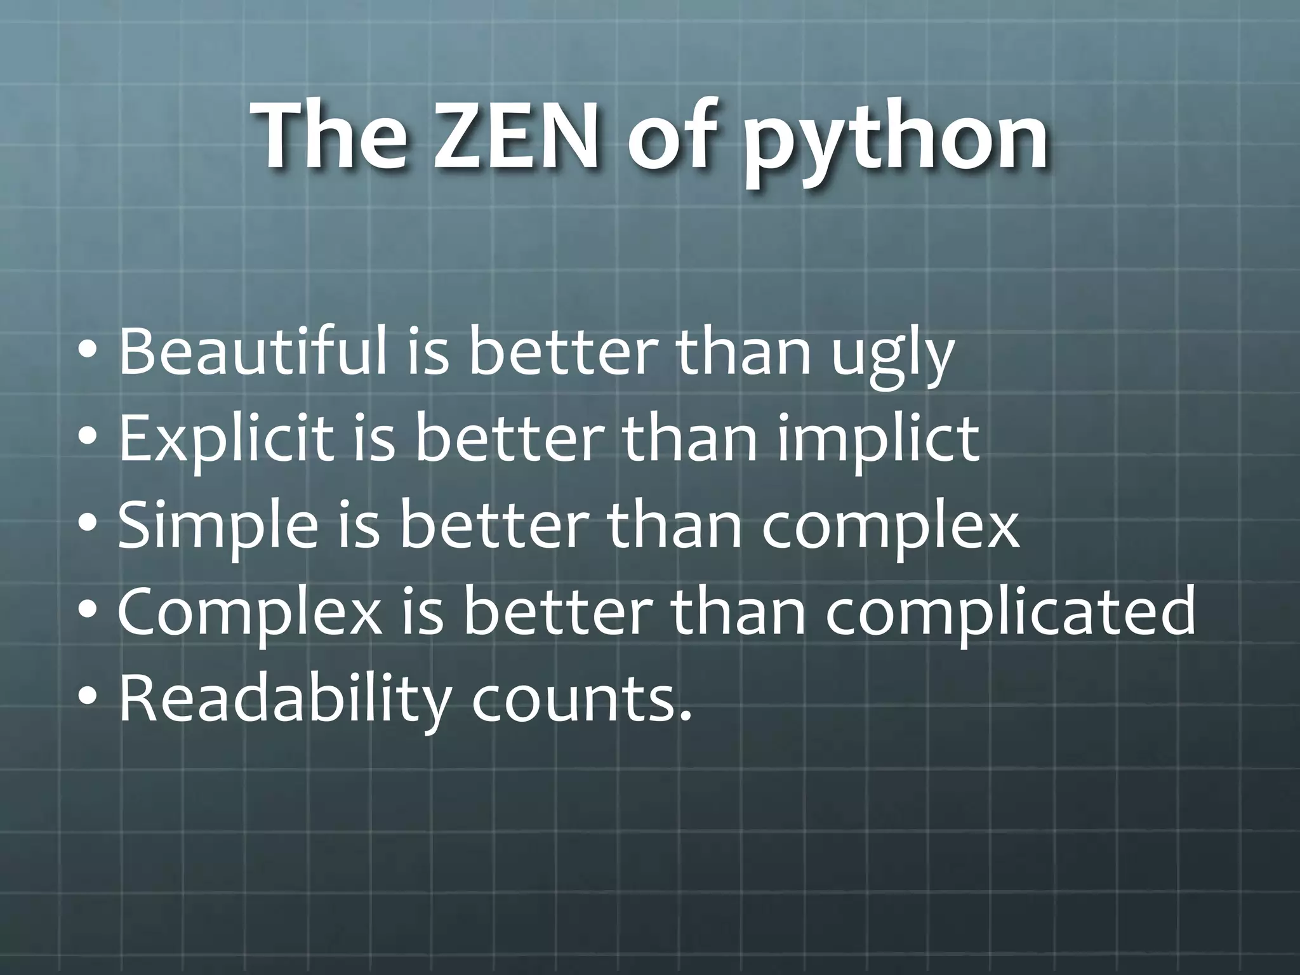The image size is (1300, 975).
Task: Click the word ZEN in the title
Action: pos(515,137)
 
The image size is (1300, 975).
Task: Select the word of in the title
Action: pos(675,137)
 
